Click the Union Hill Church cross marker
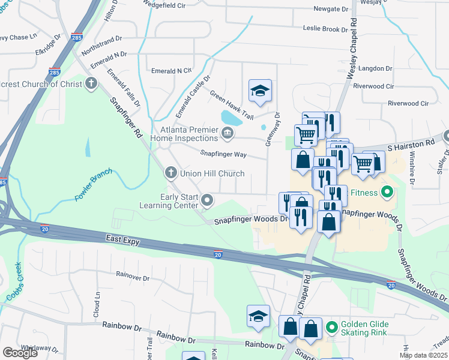pyautogui.click(x=170, y=173)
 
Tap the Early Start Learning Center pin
pyautogui.click(x=207, y=200)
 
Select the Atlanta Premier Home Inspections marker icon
pyautogui.click(x=227, y=133)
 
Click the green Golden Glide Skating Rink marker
pyautogui.click(x=331, y=328)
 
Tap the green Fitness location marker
pyautogui.click(x=387, y=193)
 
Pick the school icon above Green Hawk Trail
pyautogui.click(x=260, y=91)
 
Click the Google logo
pyautogui.click(x=20, y=353)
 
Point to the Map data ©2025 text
pyautogui.click(x=423, y=355)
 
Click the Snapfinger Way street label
pyautogui.click(x=223, y=154)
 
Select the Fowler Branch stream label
pyautogui.click(x=93, y=188)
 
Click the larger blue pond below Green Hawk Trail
pyautogui.click(x=231, y=117)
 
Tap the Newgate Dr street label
pyautogui.click(x=331, y=10)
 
